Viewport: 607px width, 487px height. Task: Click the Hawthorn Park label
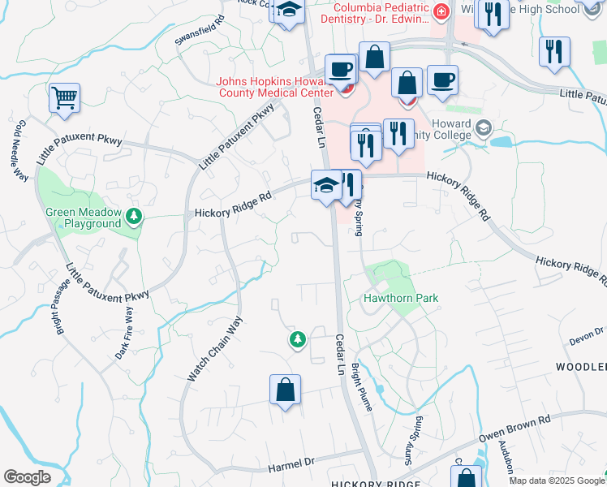click(x=400, y=298)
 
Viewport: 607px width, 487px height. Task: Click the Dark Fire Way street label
click(x=124, y=334)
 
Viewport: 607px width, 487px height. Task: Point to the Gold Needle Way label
click(x=20, y=151)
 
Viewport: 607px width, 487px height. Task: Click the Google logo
click(x=27, y=476)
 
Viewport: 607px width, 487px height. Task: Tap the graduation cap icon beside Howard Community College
click(x=484, y=127)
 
